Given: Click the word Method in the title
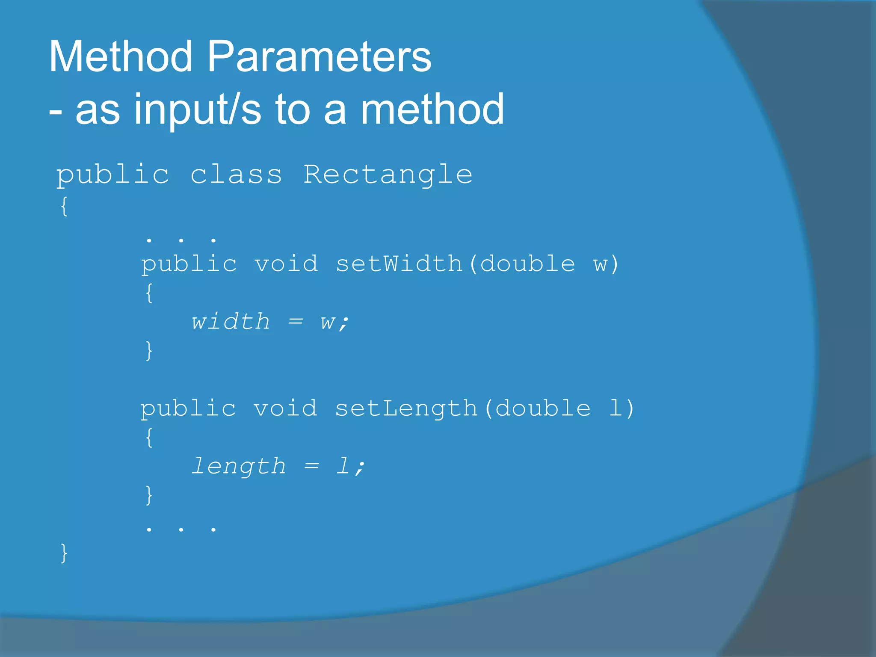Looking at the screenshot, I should [x=121, y=56].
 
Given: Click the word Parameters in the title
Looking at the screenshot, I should [x=319, y=56].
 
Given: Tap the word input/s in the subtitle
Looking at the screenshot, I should [x=197, y=109].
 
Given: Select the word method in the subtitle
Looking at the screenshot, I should [x=432, y=109].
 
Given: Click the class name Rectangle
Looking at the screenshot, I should [x=388, y=175].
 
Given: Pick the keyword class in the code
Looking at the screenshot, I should [x=236, y=175].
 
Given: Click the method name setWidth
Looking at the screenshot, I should [x=399, y=263].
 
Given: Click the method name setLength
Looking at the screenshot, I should [x=406, y=408].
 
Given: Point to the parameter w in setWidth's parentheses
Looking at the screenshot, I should [x=601, y=264].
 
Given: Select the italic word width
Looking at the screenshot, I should [x=231, y=321].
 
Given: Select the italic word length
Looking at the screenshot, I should [x=238, y=466].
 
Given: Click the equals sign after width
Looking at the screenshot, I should [x=296, y=321].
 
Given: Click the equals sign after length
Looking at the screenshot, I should [x=312, y=466].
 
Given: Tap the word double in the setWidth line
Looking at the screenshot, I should [x=527, y=263].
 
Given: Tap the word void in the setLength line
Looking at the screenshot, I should [x=285, y=408].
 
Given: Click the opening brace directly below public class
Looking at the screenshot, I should [x=64, y=207].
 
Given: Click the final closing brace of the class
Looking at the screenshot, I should [x=64, y=553].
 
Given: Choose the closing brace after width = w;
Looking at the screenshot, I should [x=149, y=351].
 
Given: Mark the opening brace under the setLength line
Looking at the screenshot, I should [x=149, y=438].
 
